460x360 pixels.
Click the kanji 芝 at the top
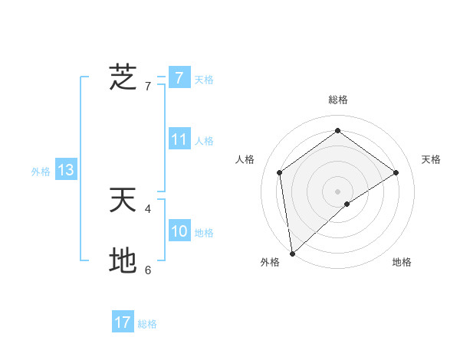(123, 77)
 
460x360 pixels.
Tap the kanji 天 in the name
(123, 200)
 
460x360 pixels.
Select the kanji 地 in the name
(123, 261)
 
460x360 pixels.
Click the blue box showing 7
(179, 77)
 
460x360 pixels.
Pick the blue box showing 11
(179, 139)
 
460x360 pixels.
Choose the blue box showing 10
(179, 231)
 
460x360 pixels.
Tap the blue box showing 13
(66, 170)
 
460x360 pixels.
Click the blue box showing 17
(123, 322)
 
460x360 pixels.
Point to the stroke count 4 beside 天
(148, 208)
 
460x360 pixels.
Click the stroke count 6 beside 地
(148, 270)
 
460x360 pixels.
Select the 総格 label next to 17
(147, 324)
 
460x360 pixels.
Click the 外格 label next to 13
(41, 172)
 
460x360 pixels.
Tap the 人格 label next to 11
(204, 141)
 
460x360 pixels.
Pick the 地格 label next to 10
(204, 233)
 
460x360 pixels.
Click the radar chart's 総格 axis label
(337, 100)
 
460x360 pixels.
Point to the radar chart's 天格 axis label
(431, 159)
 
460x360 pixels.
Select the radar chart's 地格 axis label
(402, 263)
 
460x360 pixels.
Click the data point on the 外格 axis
(292, 253)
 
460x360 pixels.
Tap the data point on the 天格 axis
(396, 172)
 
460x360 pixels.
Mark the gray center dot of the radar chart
(337, 191)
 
